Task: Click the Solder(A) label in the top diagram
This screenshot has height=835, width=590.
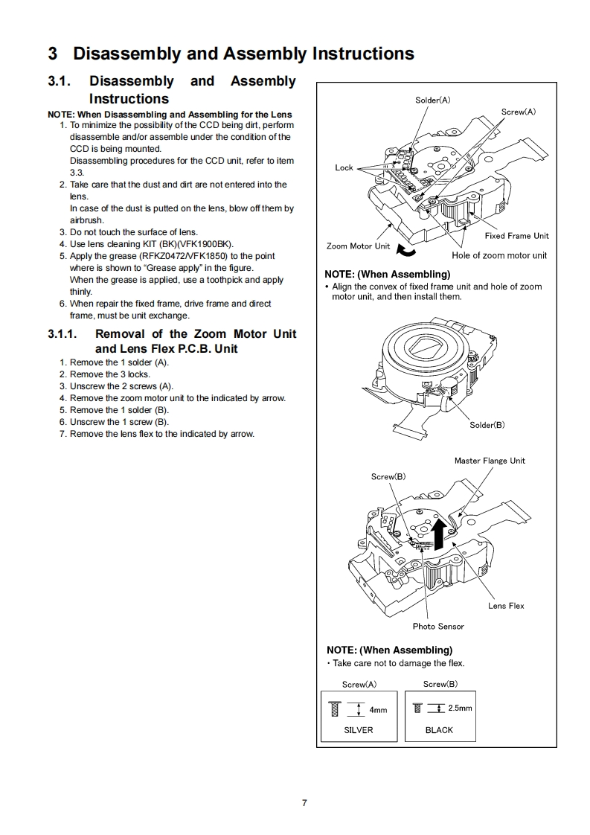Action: click(x=432, y=100)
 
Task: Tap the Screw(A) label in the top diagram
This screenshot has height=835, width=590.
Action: click(x=518, y=112)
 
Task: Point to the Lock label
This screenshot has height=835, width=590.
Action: click(x=344, y=167)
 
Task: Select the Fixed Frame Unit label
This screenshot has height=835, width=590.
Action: click(x=516, y=236)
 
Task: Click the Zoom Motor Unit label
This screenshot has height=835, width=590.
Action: click(x=358, y=246)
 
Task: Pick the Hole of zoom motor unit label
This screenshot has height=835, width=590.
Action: click(x=498, y=255)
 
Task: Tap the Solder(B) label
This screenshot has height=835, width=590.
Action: click(x=487, y=425)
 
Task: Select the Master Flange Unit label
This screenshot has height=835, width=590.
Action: click(x=490, y=461)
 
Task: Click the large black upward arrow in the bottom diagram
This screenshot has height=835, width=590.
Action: click(x=439, y=533)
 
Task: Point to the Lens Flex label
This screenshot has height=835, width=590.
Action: click(x=506, y=606)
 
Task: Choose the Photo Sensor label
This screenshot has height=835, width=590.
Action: click(x=438, y=627)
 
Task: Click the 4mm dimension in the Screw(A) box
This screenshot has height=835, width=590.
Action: click(x=378, y=710)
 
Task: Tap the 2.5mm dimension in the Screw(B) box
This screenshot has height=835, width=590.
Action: click(x=460, y=708)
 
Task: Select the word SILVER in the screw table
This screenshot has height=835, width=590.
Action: click(x=359, y=730)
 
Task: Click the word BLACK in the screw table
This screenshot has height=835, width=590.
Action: click(x=439, y=730)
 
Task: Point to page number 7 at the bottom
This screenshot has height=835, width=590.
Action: click(x=304, y=802)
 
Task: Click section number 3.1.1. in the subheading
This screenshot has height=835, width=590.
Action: click(x=63, y=334)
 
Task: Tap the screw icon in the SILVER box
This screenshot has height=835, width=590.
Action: click(x=334, y=708)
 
